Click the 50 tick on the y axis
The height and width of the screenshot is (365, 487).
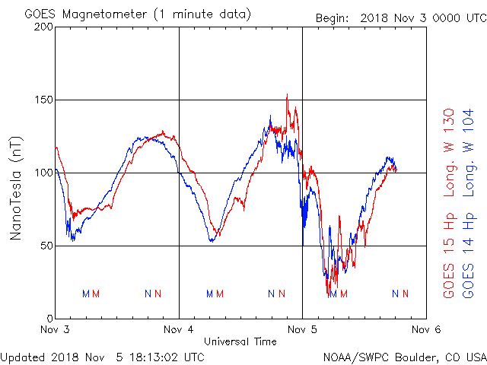pyautogui.click(x=45, y=246)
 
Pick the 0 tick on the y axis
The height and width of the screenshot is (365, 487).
pyautogui.click(x=48, y=319)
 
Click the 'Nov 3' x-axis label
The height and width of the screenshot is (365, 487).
pyautogui.click(x=56, y=330)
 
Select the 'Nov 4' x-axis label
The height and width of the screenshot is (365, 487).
pyautogui.click(x=180, y=330)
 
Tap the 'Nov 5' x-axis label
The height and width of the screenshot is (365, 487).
pyautogui.click(x=303, y=330)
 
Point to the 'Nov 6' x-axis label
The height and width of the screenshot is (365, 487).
pyautogui.click(x=426, y=330)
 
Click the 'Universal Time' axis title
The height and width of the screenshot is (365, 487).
pyautogui.click(x=240, y=341)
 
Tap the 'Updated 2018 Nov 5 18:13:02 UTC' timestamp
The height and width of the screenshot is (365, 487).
pyautogui.click(x=103, y=356)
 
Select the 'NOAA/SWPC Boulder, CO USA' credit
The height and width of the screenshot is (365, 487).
pyautogui.click(x=404, y=356)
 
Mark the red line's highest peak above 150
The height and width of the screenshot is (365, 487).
pyautogui.click(x=287, y=95)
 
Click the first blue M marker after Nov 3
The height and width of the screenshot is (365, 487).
pyautogui.click(x=85, y=294)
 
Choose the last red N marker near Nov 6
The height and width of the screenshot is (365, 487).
pyautogui.click(x=406, y=294)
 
